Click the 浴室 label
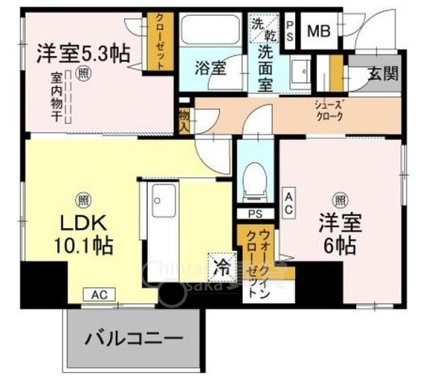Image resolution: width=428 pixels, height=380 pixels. (x=210, y=68)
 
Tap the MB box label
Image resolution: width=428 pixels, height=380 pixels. (x=319, y=31)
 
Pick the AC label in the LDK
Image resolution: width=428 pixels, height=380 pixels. (x=99, y=294)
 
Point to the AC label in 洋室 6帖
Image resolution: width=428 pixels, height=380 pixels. (x=290, y=202)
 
